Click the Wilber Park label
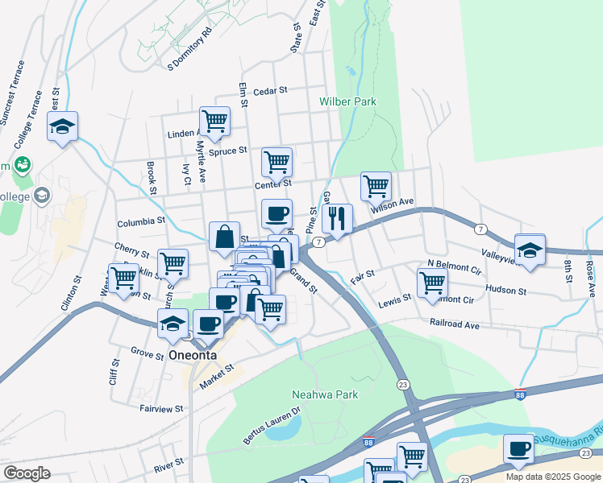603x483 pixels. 347,102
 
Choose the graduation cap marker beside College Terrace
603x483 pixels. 63,126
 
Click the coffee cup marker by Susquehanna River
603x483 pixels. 518,448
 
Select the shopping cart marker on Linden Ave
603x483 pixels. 214,122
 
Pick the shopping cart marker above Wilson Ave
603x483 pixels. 376,186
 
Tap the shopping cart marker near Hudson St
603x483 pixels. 433,283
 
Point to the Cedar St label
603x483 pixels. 270,92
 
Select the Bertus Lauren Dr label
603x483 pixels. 272,425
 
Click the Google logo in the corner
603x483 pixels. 27,473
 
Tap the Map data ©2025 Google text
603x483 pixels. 552,477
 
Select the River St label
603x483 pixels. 168,465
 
